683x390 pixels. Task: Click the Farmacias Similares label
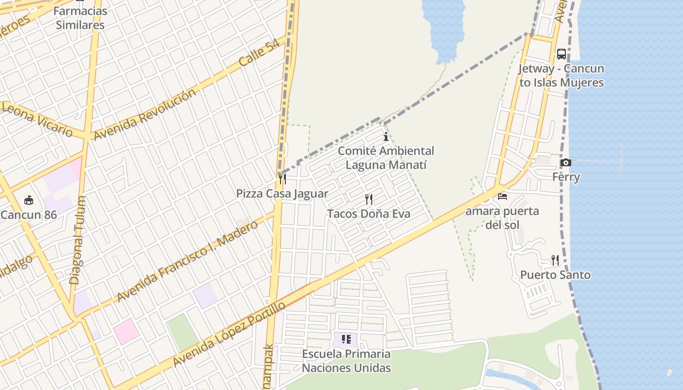coord(80,18)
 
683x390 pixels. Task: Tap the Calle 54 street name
coord(260,53)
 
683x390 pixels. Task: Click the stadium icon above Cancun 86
coord(29,200)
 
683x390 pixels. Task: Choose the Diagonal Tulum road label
coord(78,240)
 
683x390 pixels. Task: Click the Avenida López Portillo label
coord(229,334)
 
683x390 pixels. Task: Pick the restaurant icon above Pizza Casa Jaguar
coord(282,179)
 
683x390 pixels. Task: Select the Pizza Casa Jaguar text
coord(282,194)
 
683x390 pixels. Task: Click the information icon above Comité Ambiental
coord(386,136)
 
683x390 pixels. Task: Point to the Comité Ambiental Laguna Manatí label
coord(386,158)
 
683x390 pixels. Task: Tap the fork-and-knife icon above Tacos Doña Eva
coord(369,199)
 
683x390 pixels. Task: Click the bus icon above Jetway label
coord(562,54)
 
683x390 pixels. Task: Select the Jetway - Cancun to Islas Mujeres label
coord(561,76)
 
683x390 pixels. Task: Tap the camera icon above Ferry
coord(566,162)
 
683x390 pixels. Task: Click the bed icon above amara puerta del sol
coord(502,196)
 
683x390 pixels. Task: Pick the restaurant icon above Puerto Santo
coord(555,260)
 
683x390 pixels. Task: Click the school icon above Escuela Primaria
coord(346,339)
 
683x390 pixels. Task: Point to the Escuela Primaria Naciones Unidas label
coord(346,361)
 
